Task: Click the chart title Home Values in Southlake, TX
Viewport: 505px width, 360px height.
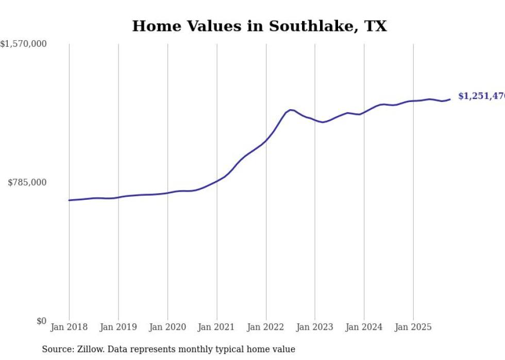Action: click(x=259, y=26)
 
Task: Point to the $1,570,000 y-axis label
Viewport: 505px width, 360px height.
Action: click(x=24, y=44)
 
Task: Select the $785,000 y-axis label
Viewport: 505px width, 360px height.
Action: click(x=27, y=182)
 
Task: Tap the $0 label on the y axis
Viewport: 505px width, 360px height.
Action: click(x=41, y=321)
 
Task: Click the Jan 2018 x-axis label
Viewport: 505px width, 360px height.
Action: click(x=69, y=327)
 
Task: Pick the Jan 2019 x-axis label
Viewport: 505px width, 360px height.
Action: click(x=118, y=327)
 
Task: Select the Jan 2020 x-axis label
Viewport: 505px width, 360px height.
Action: click(x=167, y=327)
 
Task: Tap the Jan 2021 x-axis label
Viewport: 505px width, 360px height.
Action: click(x=216, y=327)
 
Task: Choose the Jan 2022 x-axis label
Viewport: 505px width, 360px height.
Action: click(x=266, y=327)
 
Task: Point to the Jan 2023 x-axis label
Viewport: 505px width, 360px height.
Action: click(x=315, y=327)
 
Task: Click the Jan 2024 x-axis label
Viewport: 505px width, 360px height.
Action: click(x=364, y=327)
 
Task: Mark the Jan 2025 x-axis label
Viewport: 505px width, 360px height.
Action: click(x=413, y=327)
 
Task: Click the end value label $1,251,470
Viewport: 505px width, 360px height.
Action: click(x=481, y=96)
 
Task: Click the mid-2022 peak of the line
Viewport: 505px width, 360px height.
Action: click(x=291, y=110)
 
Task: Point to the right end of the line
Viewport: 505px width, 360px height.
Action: click(x=450, y=99)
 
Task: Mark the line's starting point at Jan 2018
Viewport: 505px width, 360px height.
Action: click(x=69, y=200)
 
